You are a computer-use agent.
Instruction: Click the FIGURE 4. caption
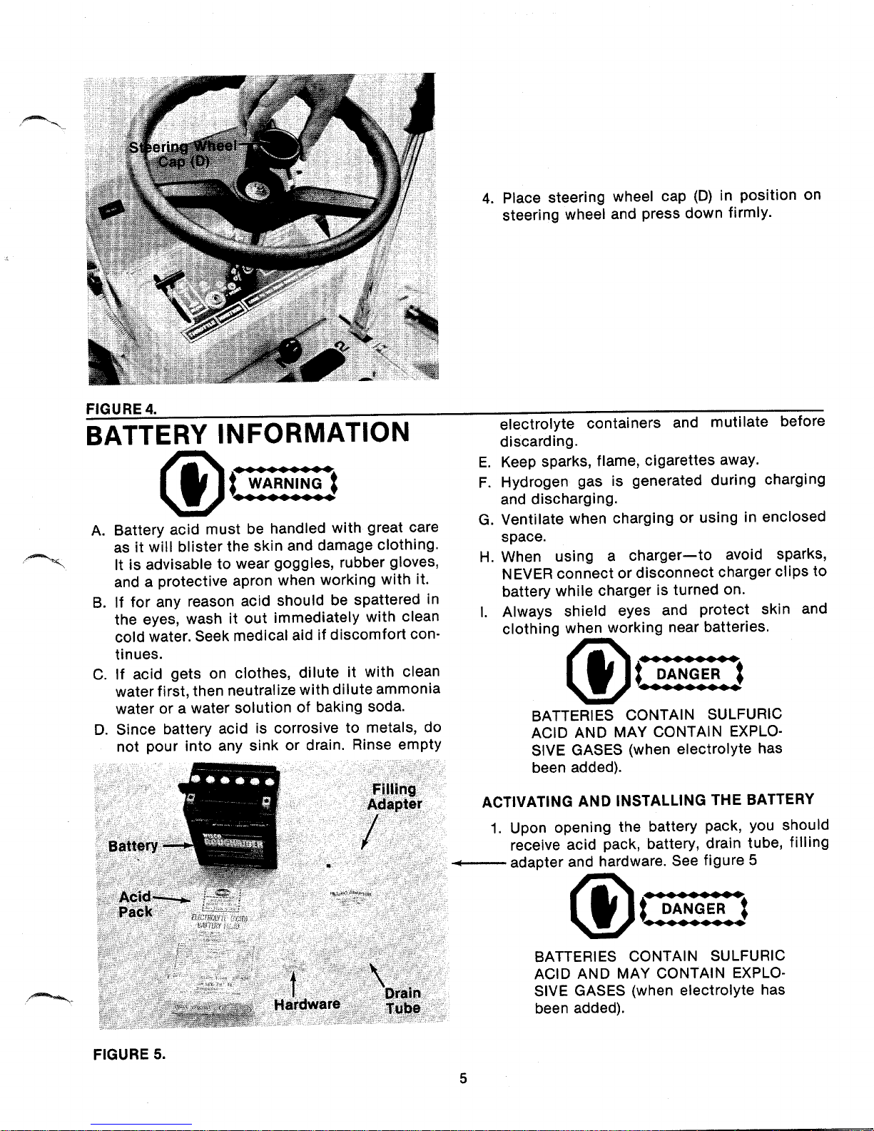pyautogui.click(x=120, y=408)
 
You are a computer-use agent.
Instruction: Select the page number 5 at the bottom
pyautogui.click(x=463, y=1078)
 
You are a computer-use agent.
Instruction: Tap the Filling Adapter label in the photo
pyautogui.click(x=394, y=796)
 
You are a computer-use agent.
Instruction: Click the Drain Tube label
pyautogui.click(x=402, y=1000)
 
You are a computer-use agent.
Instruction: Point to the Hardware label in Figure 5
pyautogui.click(x=307, y=1004)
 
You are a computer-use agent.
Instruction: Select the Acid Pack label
pyautogui.click(x=136, y=904)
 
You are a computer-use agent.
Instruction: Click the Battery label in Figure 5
pyautogui.click(x=133, y=846)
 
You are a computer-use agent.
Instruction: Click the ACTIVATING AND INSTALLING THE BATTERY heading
pyautogui.click(x=648, y=800)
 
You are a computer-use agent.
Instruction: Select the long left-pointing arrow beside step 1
pyautogui.click(x=478, y=862)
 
